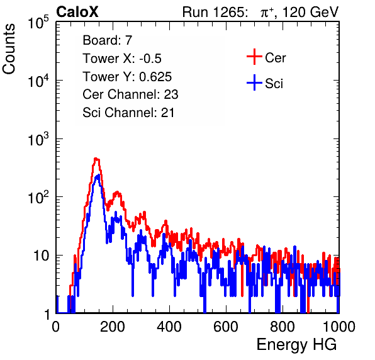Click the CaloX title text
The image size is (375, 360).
[x=77, y=12]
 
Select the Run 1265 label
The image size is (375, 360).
[x=215, y=12]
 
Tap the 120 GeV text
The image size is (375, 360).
[x=311, y=12]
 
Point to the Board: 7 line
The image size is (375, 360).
[x=108, y=40]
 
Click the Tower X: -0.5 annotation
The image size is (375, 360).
[x=122, y=59]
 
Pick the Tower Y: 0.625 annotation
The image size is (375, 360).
[x=127, y=77]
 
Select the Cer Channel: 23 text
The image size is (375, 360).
[x=130, y=94]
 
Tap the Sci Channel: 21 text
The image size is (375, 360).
[x=128, y=113]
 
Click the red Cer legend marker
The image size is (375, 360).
[x=254, y=57]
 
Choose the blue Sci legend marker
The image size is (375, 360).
[x=254, y=82]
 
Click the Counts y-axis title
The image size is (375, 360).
[x=9, y=49]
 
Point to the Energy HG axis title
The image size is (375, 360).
[x=296, y=345]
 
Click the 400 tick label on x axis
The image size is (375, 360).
[x=169, y=327]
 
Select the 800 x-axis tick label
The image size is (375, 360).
[x=283, y=327]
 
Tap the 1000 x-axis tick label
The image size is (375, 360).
[x=339, y=327]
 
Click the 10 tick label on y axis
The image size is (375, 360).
[x=42, y=256]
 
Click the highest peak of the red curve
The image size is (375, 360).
[x=96, y=159]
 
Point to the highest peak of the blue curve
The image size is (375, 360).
[x=98, y=176]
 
